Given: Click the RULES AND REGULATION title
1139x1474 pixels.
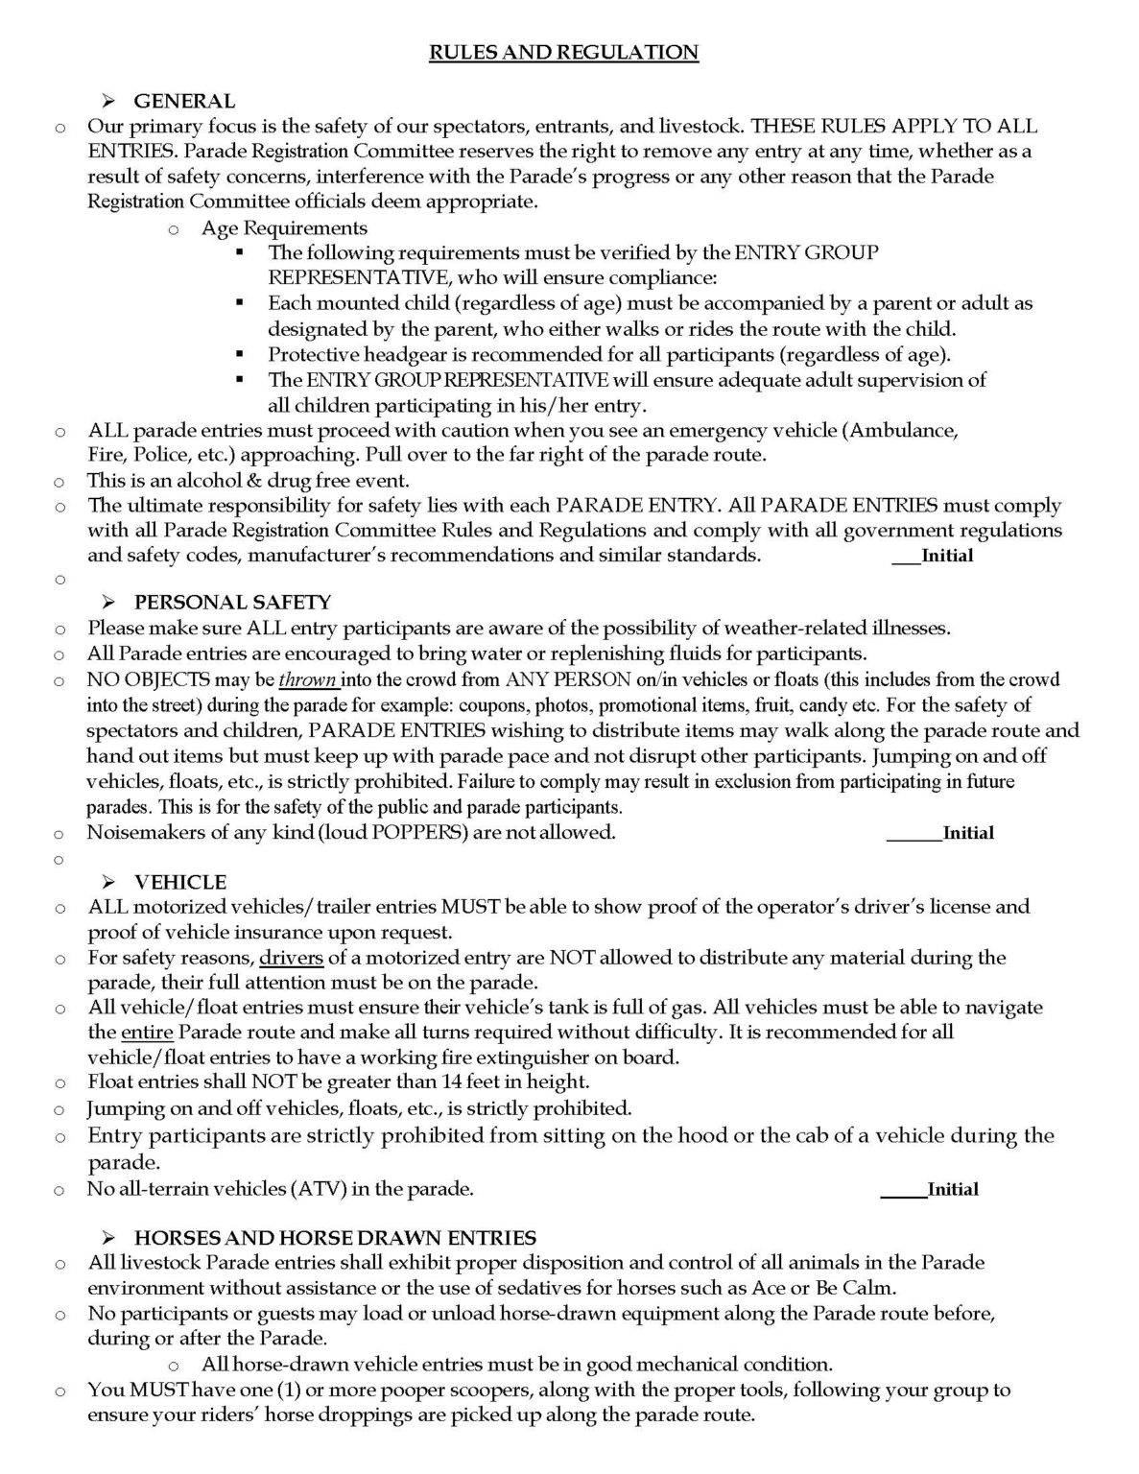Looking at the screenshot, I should coord(563,52).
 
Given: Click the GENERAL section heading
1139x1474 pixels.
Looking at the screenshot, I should coord(184,101).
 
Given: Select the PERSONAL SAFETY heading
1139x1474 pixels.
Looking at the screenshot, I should coord(232,603).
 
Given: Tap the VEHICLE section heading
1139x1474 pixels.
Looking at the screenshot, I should coord(180,882).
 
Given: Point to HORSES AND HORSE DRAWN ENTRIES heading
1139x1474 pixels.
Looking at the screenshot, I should coord(335,1238).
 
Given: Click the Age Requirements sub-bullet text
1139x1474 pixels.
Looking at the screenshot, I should coord(284,227).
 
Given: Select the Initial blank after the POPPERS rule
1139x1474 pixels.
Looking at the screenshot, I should coord(914,833).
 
